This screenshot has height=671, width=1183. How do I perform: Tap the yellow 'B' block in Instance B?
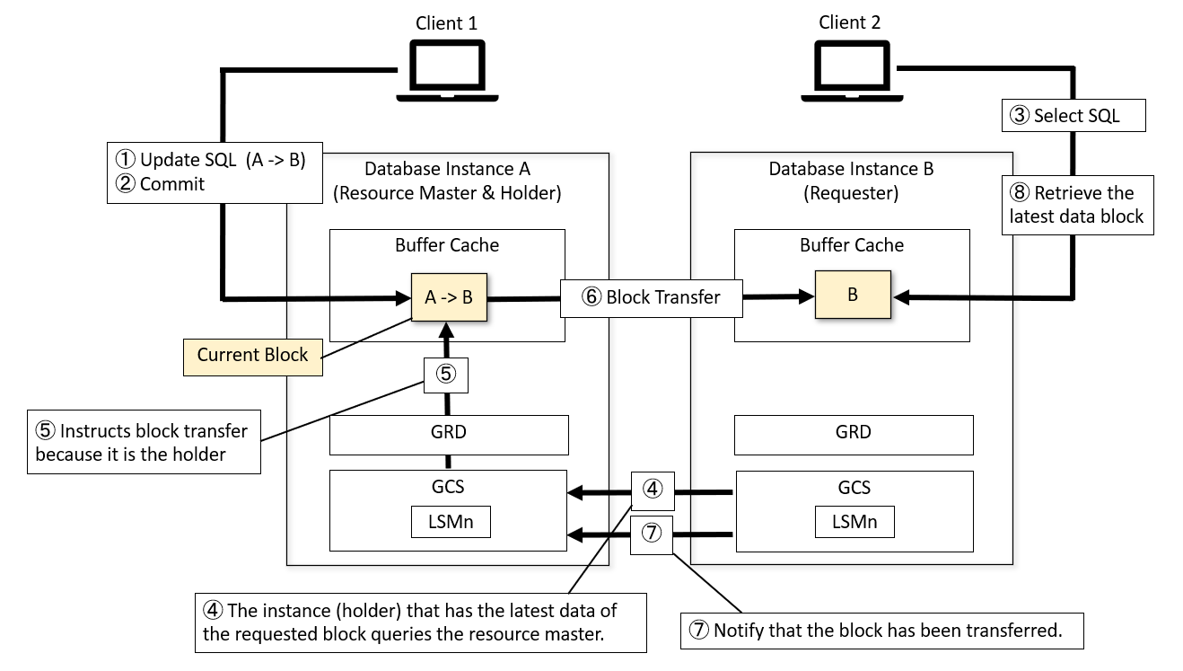point(852,295)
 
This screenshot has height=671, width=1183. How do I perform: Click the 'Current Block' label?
point(252,355)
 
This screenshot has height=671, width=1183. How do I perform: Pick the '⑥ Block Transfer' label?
point(652,297)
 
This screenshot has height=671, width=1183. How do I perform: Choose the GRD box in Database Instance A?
point(449,433)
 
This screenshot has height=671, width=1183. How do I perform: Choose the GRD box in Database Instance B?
point(853,433)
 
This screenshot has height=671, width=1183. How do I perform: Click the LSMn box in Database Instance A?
point(451,521)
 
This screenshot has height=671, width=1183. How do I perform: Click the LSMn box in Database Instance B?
point(854,521)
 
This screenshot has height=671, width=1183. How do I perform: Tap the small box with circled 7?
point(653,534)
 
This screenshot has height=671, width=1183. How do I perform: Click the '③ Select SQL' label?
point(1073,115)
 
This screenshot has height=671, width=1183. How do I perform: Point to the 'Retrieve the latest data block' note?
point(1077,205)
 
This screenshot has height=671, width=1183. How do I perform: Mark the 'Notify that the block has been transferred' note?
point(881,631)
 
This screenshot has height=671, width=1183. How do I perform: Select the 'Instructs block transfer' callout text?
point(143,442)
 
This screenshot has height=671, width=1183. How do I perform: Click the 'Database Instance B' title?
point(851,169)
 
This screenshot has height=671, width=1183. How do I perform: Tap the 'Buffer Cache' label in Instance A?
point(447,245)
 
